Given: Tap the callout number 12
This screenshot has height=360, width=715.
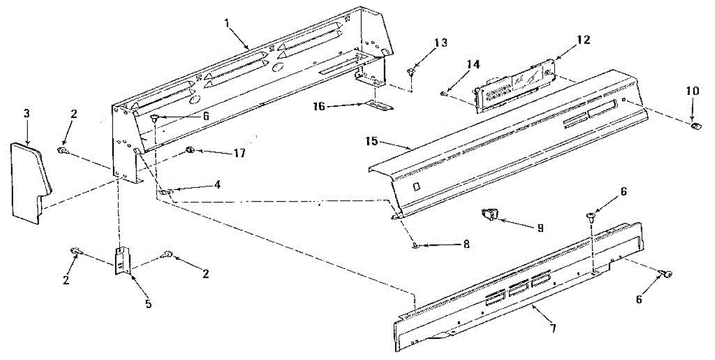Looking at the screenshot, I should [583, 40].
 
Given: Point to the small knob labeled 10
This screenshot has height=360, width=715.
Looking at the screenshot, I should [695, 125].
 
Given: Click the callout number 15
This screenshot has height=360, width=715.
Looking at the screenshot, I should [372, 142].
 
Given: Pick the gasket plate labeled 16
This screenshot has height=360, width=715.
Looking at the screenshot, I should [377, 106].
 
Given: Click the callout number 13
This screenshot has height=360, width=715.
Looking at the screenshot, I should [440, 42].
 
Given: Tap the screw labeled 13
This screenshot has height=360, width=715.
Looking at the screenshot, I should [411, 73].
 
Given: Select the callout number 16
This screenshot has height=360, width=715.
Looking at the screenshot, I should [319, 106].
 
